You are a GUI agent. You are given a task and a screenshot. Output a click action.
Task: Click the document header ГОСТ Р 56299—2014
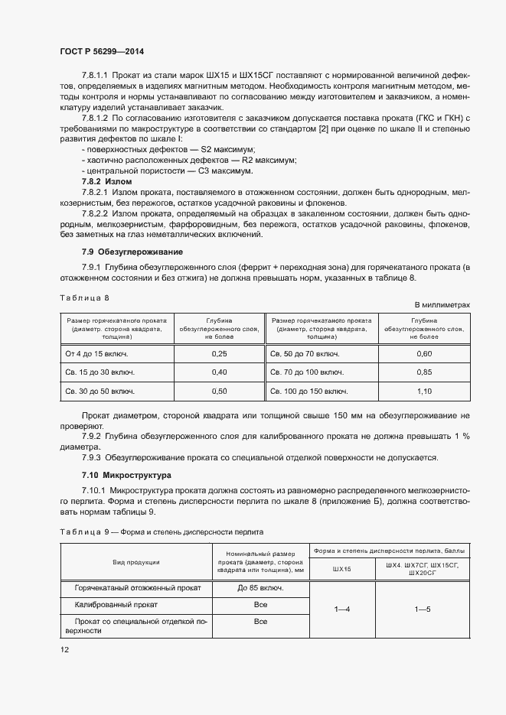coord(101,51)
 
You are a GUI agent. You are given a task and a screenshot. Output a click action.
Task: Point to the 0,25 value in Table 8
coord(219,354)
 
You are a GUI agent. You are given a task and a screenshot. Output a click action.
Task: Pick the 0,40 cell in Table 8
coord(219,372)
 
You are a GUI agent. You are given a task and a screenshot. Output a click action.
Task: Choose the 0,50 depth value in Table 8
coord(219,391)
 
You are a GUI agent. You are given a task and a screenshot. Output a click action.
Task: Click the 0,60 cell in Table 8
coord(425,354)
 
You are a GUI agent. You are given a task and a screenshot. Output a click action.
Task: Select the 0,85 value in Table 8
coord(425,372)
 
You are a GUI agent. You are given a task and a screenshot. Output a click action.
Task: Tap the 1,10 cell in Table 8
coord(425,391)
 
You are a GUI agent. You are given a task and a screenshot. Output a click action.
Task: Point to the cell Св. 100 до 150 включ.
coord(307,391)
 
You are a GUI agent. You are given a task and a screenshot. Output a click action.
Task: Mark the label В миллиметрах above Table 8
coord(442,304)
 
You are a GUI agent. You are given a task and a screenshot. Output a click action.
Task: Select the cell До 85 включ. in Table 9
coord(261,588)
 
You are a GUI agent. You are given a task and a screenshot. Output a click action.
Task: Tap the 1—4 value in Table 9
coord(342,609)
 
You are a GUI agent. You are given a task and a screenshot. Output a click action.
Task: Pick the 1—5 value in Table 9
coord(423,609)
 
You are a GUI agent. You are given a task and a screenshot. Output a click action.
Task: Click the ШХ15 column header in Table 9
coord(342,568)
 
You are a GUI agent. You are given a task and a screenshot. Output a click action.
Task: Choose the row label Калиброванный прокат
coord(116,604)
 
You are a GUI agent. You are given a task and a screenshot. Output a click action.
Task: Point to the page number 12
coord(64,649)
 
